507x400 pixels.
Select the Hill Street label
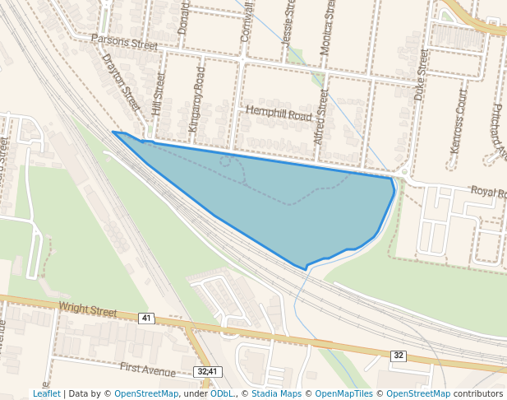point(159,93)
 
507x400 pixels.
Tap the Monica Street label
point(327,27)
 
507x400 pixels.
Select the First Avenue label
point(149,368)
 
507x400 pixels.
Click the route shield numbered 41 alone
point(146,318)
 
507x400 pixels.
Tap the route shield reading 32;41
point(207,372)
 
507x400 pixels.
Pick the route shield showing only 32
point(399,356)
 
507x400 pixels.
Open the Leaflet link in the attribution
point(47,394)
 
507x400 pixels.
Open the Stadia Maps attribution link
point(276,394)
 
